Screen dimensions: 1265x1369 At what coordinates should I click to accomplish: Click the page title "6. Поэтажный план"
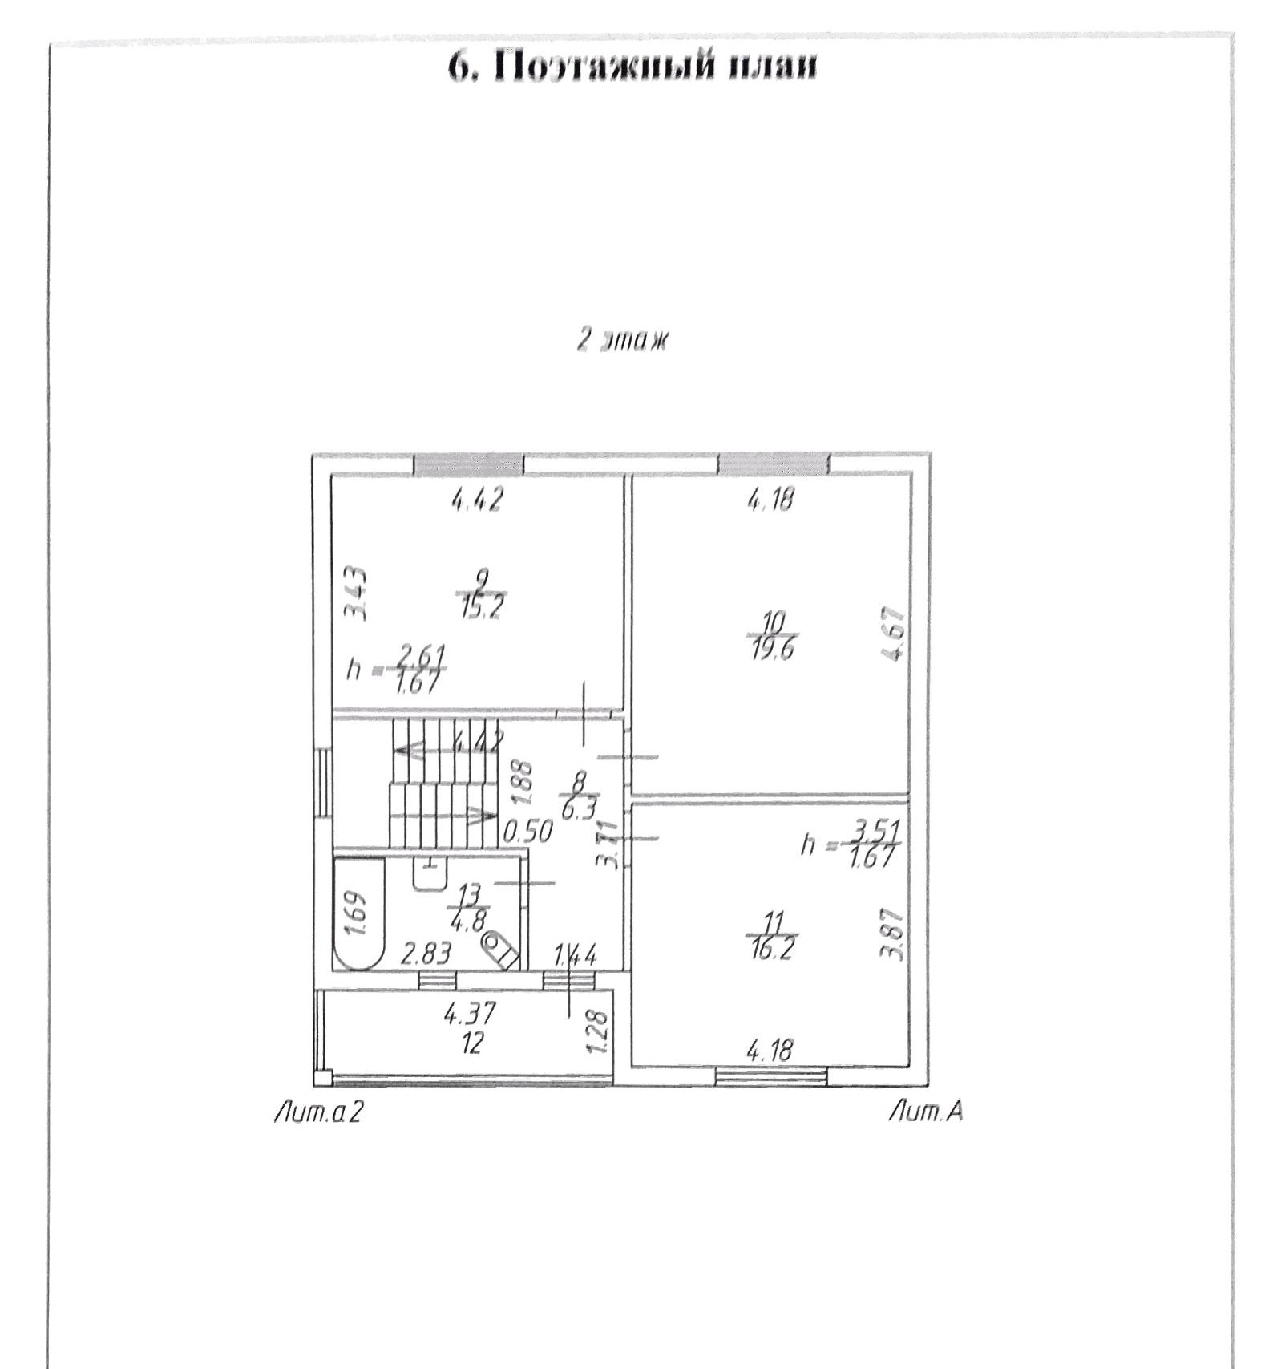pos(632,67)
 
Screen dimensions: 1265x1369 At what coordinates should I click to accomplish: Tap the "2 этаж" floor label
pos(622,340)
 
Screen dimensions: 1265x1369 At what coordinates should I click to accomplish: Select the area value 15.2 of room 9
pos(481,609)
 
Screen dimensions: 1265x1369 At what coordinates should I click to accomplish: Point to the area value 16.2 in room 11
pos(772,950)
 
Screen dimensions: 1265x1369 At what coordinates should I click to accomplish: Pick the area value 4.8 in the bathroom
pos(468,921)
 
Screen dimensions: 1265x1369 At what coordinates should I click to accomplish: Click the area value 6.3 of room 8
pos(579,808)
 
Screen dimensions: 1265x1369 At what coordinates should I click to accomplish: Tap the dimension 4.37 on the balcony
pos(470,1014)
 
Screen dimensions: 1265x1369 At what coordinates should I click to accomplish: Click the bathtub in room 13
pos(360,913)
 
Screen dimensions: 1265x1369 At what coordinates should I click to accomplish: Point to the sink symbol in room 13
pos(430,874)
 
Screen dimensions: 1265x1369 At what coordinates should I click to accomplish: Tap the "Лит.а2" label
pos(318,1112)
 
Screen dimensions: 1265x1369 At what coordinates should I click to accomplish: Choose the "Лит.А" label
pos(926,1112)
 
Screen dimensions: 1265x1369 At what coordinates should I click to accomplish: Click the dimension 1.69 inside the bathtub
pos(357,913)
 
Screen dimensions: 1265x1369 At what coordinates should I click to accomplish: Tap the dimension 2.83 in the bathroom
pos(426,954)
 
